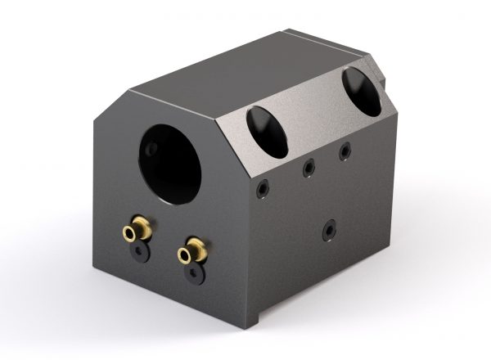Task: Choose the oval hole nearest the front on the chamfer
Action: point(268,131)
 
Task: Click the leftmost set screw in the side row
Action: point(261,188)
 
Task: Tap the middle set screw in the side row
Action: point(309,169)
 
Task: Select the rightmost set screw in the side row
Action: point(345,151)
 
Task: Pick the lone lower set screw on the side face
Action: point(329,230)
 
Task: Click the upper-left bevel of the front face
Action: point(110,106)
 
